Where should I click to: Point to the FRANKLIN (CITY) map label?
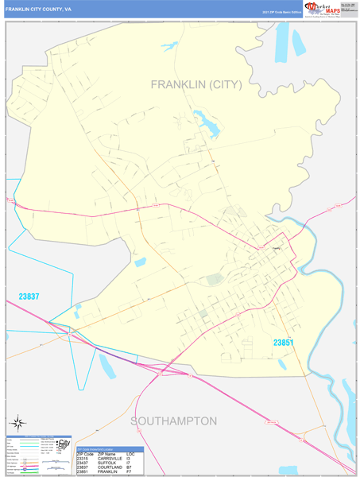pyautogui.click(x=195, y=84)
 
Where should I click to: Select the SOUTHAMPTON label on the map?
pyautogui.click(x=174, y=420)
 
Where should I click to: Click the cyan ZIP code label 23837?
pyautogui.click(x=29, y=297)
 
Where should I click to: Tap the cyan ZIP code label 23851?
pyautogui.click(x=285, y=343)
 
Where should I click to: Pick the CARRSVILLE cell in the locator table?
pyautogui.click(x=110, y=458)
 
